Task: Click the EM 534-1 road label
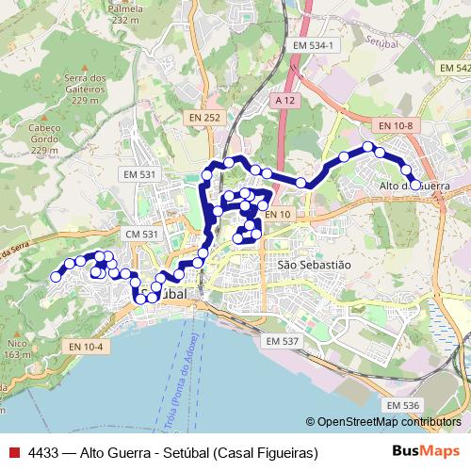(313, 45)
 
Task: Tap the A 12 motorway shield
(286, 99)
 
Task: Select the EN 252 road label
(203, 118)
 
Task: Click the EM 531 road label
(138, 174)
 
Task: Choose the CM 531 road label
(141, 233)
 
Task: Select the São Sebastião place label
(314, 265)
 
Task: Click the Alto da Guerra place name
(414, 187)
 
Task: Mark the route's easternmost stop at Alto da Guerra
(414, 185)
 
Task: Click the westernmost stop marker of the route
(55, 277)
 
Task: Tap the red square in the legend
(13, 452)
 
